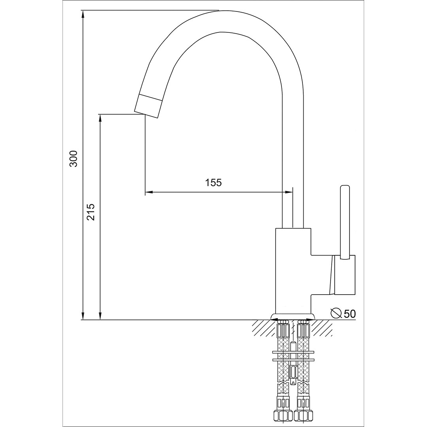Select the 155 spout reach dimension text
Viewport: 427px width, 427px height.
(x=213, y=182)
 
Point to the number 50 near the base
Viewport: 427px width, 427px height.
(x=350, y=314)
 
